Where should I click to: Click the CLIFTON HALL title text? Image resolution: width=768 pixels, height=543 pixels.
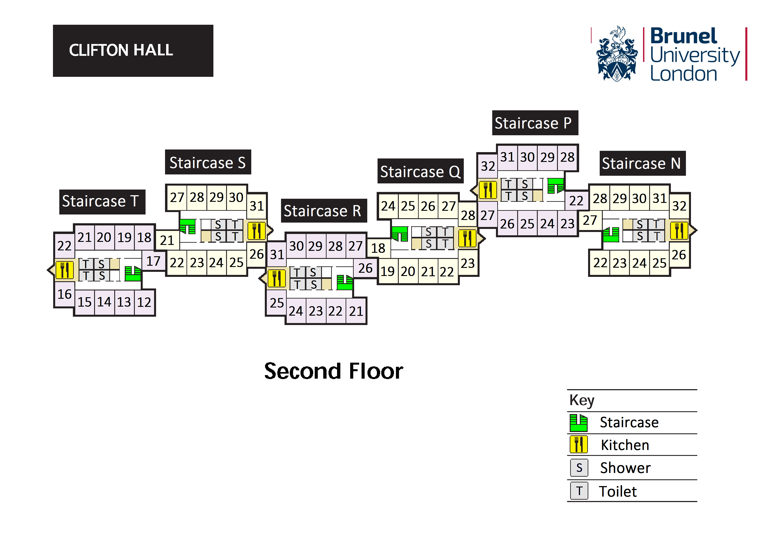click(121, 51)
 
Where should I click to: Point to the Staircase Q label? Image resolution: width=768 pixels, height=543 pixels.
click(420, 172)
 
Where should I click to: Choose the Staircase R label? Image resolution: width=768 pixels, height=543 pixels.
click(323, 211)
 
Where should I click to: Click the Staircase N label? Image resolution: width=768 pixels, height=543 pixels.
click(642, 164)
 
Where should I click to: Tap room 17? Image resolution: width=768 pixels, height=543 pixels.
click(153, 261)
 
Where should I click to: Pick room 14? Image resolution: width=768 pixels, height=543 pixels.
click(104, 302)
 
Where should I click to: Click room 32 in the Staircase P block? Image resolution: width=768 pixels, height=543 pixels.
click(488, 166)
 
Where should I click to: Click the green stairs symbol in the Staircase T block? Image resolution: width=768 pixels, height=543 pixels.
click(133, 273)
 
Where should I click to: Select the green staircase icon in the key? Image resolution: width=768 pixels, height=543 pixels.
click(579, 423)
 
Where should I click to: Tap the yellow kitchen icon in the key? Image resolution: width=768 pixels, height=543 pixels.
click(579, 445)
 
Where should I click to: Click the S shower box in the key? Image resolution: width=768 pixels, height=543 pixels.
click(579, 468)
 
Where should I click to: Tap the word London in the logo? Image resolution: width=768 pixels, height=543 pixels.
click(684, 74)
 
